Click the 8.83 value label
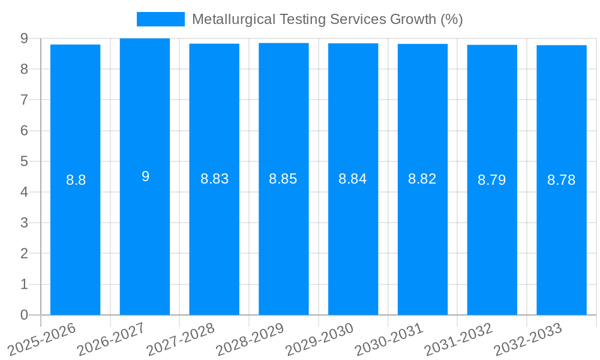point(214,179)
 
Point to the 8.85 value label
point(283,179)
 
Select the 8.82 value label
point(422,179)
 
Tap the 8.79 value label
point(492,180)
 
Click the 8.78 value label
point(562,180)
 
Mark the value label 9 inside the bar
point(145,176)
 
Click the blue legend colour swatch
point(160,19)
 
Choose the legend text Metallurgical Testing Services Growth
point(327,19)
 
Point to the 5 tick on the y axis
point(24,161)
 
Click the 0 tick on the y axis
point(24,315)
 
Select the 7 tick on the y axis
point(24,100)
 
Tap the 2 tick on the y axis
point(24,254)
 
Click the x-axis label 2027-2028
point(180,340)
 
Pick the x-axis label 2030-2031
point(389,340)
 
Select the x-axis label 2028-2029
point(250,340)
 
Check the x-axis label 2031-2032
point(458,340)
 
